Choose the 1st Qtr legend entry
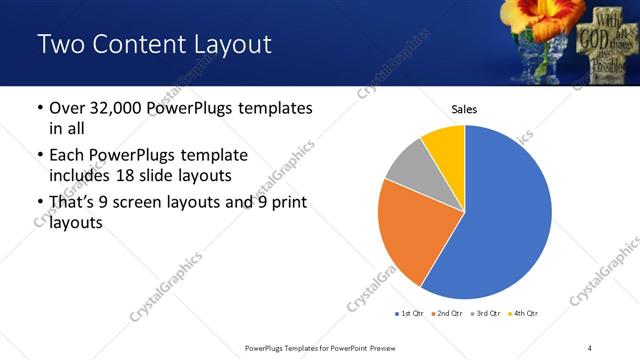point(409,314)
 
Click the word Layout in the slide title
point(231,45)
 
